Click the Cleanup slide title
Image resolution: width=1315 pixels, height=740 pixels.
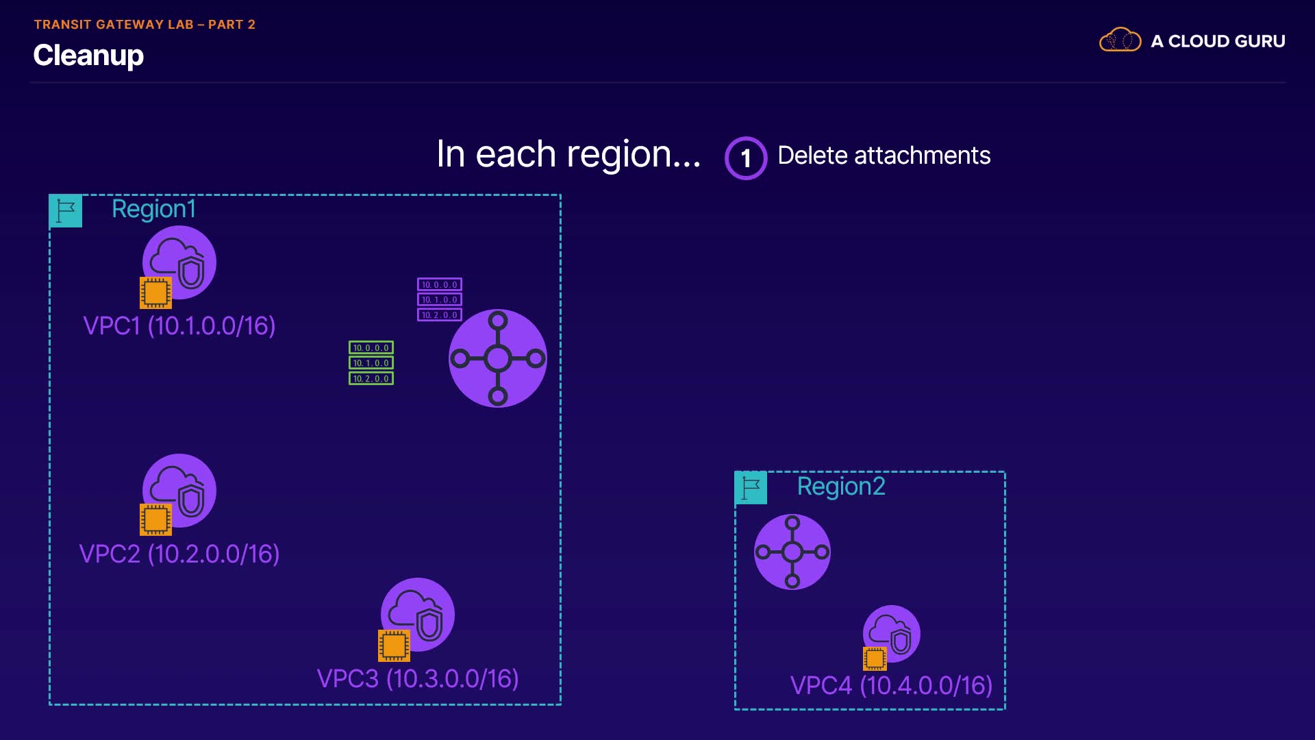point(88,56)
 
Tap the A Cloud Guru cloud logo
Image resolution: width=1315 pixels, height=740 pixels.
point(1120,40)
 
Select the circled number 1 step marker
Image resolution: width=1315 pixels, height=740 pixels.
point(746,158)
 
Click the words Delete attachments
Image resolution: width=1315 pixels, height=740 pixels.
point(884,156)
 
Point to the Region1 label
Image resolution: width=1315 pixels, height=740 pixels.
point(153,209)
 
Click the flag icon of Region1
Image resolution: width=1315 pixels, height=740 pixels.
point(66,211)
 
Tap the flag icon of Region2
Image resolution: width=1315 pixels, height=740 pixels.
point(751,488)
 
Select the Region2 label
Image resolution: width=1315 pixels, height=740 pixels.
point(841,486)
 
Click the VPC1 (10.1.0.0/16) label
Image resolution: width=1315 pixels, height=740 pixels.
point(179,325)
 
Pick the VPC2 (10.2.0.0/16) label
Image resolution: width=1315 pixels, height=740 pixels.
point(179,554)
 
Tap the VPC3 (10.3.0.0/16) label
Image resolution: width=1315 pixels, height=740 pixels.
point(418,678)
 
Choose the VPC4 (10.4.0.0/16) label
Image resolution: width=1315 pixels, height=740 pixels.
point(891,685)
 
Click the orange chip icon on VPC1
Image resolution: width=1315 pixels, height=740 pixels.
point(155,293)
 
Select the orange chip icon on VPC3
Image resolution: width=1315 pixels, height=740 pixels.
point(394,645)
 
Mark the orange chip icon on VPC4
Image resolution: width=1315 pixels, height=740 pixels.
point(875,658)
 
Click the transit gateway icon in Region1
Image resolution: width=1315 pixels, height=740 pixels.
point(498,358)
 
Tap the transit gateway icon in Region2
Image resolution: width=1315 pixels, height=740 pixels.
point(792,552)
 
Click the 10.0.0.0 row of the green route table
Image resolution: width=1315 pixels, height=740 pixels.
point(371,347)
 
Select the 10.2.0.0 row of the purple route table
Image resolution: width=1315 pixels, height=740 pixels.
point(440,315)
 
